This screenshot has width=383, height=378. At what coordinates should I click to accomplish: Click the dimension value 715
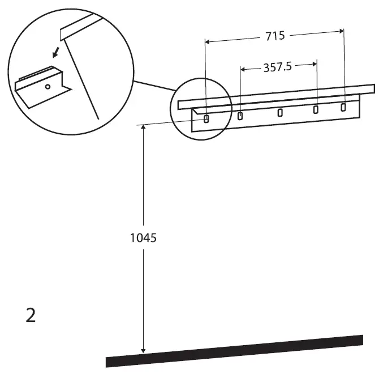275,36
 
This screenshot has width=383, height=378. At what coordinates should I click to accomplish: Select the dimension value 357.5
278,67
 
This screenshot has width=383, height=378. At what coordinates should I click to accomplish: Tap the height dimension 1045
143,238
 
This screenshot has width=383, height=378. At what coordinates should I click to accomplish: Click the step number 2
31,315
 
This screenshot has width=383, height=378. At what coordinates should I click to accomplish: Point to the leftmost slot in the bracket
206,118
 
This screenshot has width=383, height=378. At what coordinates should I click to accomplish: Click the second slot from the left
240,116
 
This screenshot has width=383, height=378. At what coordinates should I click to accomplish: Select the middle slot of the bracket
280,113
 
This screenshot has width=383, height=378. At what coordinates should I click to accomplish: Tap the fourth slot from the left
316,109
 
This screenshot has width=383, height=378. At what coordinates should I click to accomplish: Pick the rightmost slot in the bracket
343,107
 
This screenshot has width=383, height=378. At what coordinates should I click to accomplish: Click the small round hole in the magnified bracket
48,87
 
